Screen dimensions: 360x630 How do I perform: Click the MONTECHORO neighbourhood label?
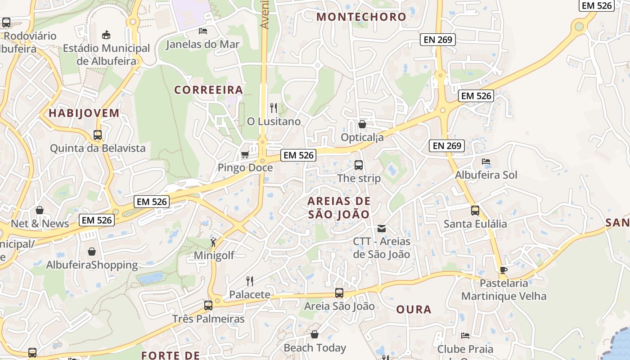pyautogui.click(x=361, y=17)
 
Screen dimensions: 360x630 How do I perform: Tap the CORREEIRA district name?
pyautogui.click(x=208, y=90)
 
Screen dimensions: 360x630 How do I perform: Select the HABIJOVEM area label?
pyautogui.click(x=84, y=113)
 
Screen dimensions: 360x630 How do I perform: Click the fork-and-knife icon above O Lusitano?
pyautogui.click(x=273, y=108)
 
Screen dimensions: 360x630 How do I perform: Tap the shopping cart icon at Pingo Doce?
pyautogui.click(x=245, y=155)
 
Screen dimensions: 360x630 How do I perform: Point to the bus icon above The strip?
pyautogui.click(x=359, y=165)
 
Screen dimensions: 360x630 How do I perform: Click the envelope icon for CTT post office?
pyautogui.click(x=382, y=229)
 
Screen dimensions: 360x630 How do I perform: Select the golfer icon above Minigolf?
pyautogui.click(x=214, y=242)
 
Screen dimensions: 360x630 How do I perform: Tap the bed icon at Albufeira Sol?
pyautogui.click(x=486, y=162)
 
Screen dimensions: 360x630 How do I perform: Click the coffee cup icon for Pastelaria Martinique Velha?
pyautogui.click(x=503, y=270)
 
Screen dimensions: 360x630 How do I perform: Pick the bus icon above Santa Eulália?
pyautogui.click(x=475, y=211)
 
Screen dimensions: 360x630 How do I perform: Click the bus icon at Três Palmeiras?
pyautogui.click(x=208, y=306)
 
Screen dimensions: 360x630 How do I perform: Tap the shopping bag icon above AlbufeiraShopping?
pyautogui.click(x=92, y=251)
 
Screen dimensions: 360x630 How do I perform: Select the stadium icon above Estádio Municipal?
pyautogui.click(x=106, y=35)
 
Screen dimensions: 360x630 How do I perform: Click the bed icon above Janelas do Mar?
pyautogui.click(x=203, y=31)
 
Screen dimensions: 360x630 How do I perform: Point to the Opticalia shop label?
pyautogui.click(x=362, y=137)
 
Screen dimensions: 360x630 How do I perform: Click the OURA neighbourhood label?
pyautogui.click(x=414, y=310)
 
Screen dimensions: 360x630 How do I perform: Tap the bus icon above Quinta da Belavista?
pyautogui.click(x=98, y=135)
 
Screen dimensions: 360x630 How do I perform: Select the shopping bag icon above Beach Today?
pyautogui.click(x=315, y=335)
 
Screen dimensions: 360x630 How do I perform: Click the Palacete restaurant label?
pyautogui.click(x=250, y=295)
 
